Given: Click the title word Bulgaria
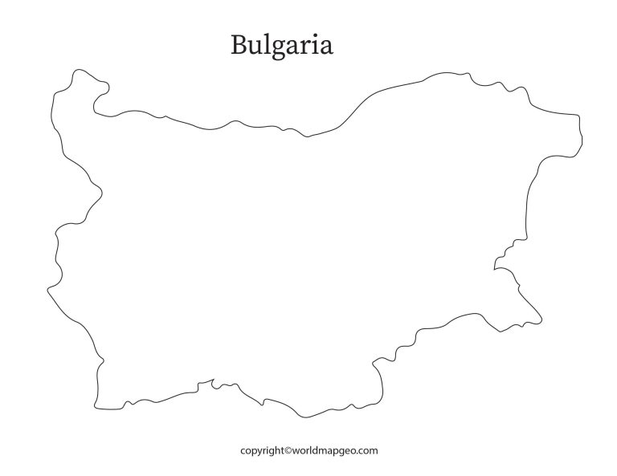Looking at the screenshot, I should click(x=281, y=45).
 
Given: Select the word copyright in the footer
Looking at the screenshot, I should click(x=262, y=451).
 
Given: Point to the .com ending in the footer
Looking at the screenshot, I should click(x=367, y=451).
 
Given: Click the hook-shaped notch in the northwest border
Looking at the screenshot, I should click(x=98, y=103).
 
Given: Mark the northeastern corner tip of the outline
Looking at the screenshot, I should click(x=578, y=120).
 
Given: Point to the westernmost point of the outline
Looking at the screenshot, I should click(x=47, y=287).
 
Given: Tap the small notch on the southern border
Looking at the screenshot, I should click(x=214, y=384).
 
